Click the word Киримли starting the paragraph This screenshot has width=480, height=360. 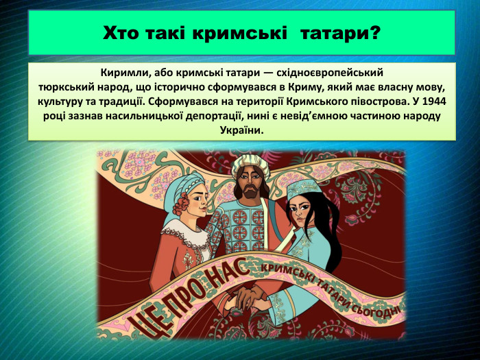click(x=121, y=72)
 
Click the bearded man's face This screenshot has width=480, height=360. click(x=250, y=184)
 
